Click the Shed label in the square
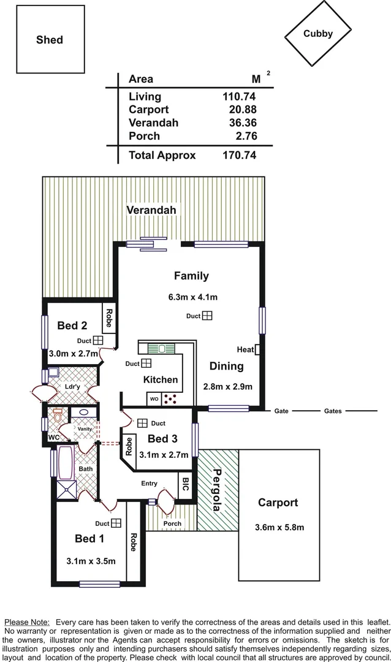click(x=50, y=40)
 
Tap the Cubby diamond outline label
click(x=318, y=34)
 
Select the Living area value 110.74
click(x=239, y=96)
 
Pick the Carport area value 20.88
click(x=243, y=109)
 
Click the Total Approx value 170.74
click(x=240, y=155)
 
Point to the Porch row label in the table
click(x=145, y=136)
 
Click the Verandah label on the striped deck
click(x=151, y=210)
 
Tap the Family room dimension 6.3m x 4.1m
click(x=193, y=297)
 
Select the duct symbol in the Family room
click(x=207, y=316)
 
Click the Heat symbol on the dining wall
click(x=257, y=349)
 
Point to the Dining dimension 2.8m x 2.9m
click(x=227, y=386)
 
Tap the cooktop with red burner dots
click(x=170, y=398)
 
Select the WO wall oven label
click(x=154, y=399)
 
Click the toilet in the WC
click(x=58, y=415)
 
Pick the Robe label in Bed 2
click(x=109, y=318)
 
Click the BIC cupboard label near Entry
click(x=185, y=484)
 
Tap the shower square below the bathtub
click(x=66, y=490)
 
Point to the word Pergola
click(x=217, y=490)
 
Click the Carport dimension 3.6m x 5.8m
click(x=279, y=527)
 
